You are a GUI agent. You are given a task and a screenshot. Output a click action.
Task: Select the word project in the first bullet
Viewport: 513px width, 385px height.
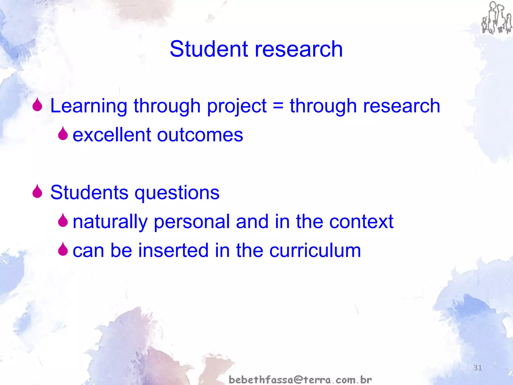pyautogui.click(x=237, y=106)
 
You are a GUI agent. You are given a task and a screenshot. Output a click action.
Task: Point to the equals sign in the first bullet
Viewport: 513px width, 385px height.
pyautogui.click(x=278, y=105)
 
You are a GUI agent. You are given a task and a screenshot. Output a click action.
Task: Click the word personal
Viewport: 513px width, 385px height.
pyautogui.click(x=192, y=222)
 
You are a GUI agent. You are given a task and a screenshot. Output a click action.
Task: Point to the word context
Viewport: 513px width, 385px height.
pyautogui.click(x=361, y=222)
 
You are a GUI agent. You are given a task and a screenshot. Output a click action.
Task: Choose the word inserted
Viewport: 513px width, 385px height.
pyautogui.click(x=173, y=250)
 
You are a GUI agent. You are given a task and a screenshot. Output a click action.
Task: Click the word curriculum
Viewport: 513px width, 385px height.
pyautogui.click(x=315, y=250)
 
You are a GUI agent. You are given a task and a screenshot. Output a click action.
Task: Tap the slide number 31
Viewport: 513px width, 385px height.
pyautogui.click(x=478, y=368)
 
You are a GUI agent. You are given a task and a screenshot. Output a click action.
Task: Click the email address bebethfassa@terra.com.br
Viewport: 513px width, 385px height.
pyautogui.click(x=300, y=379)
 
